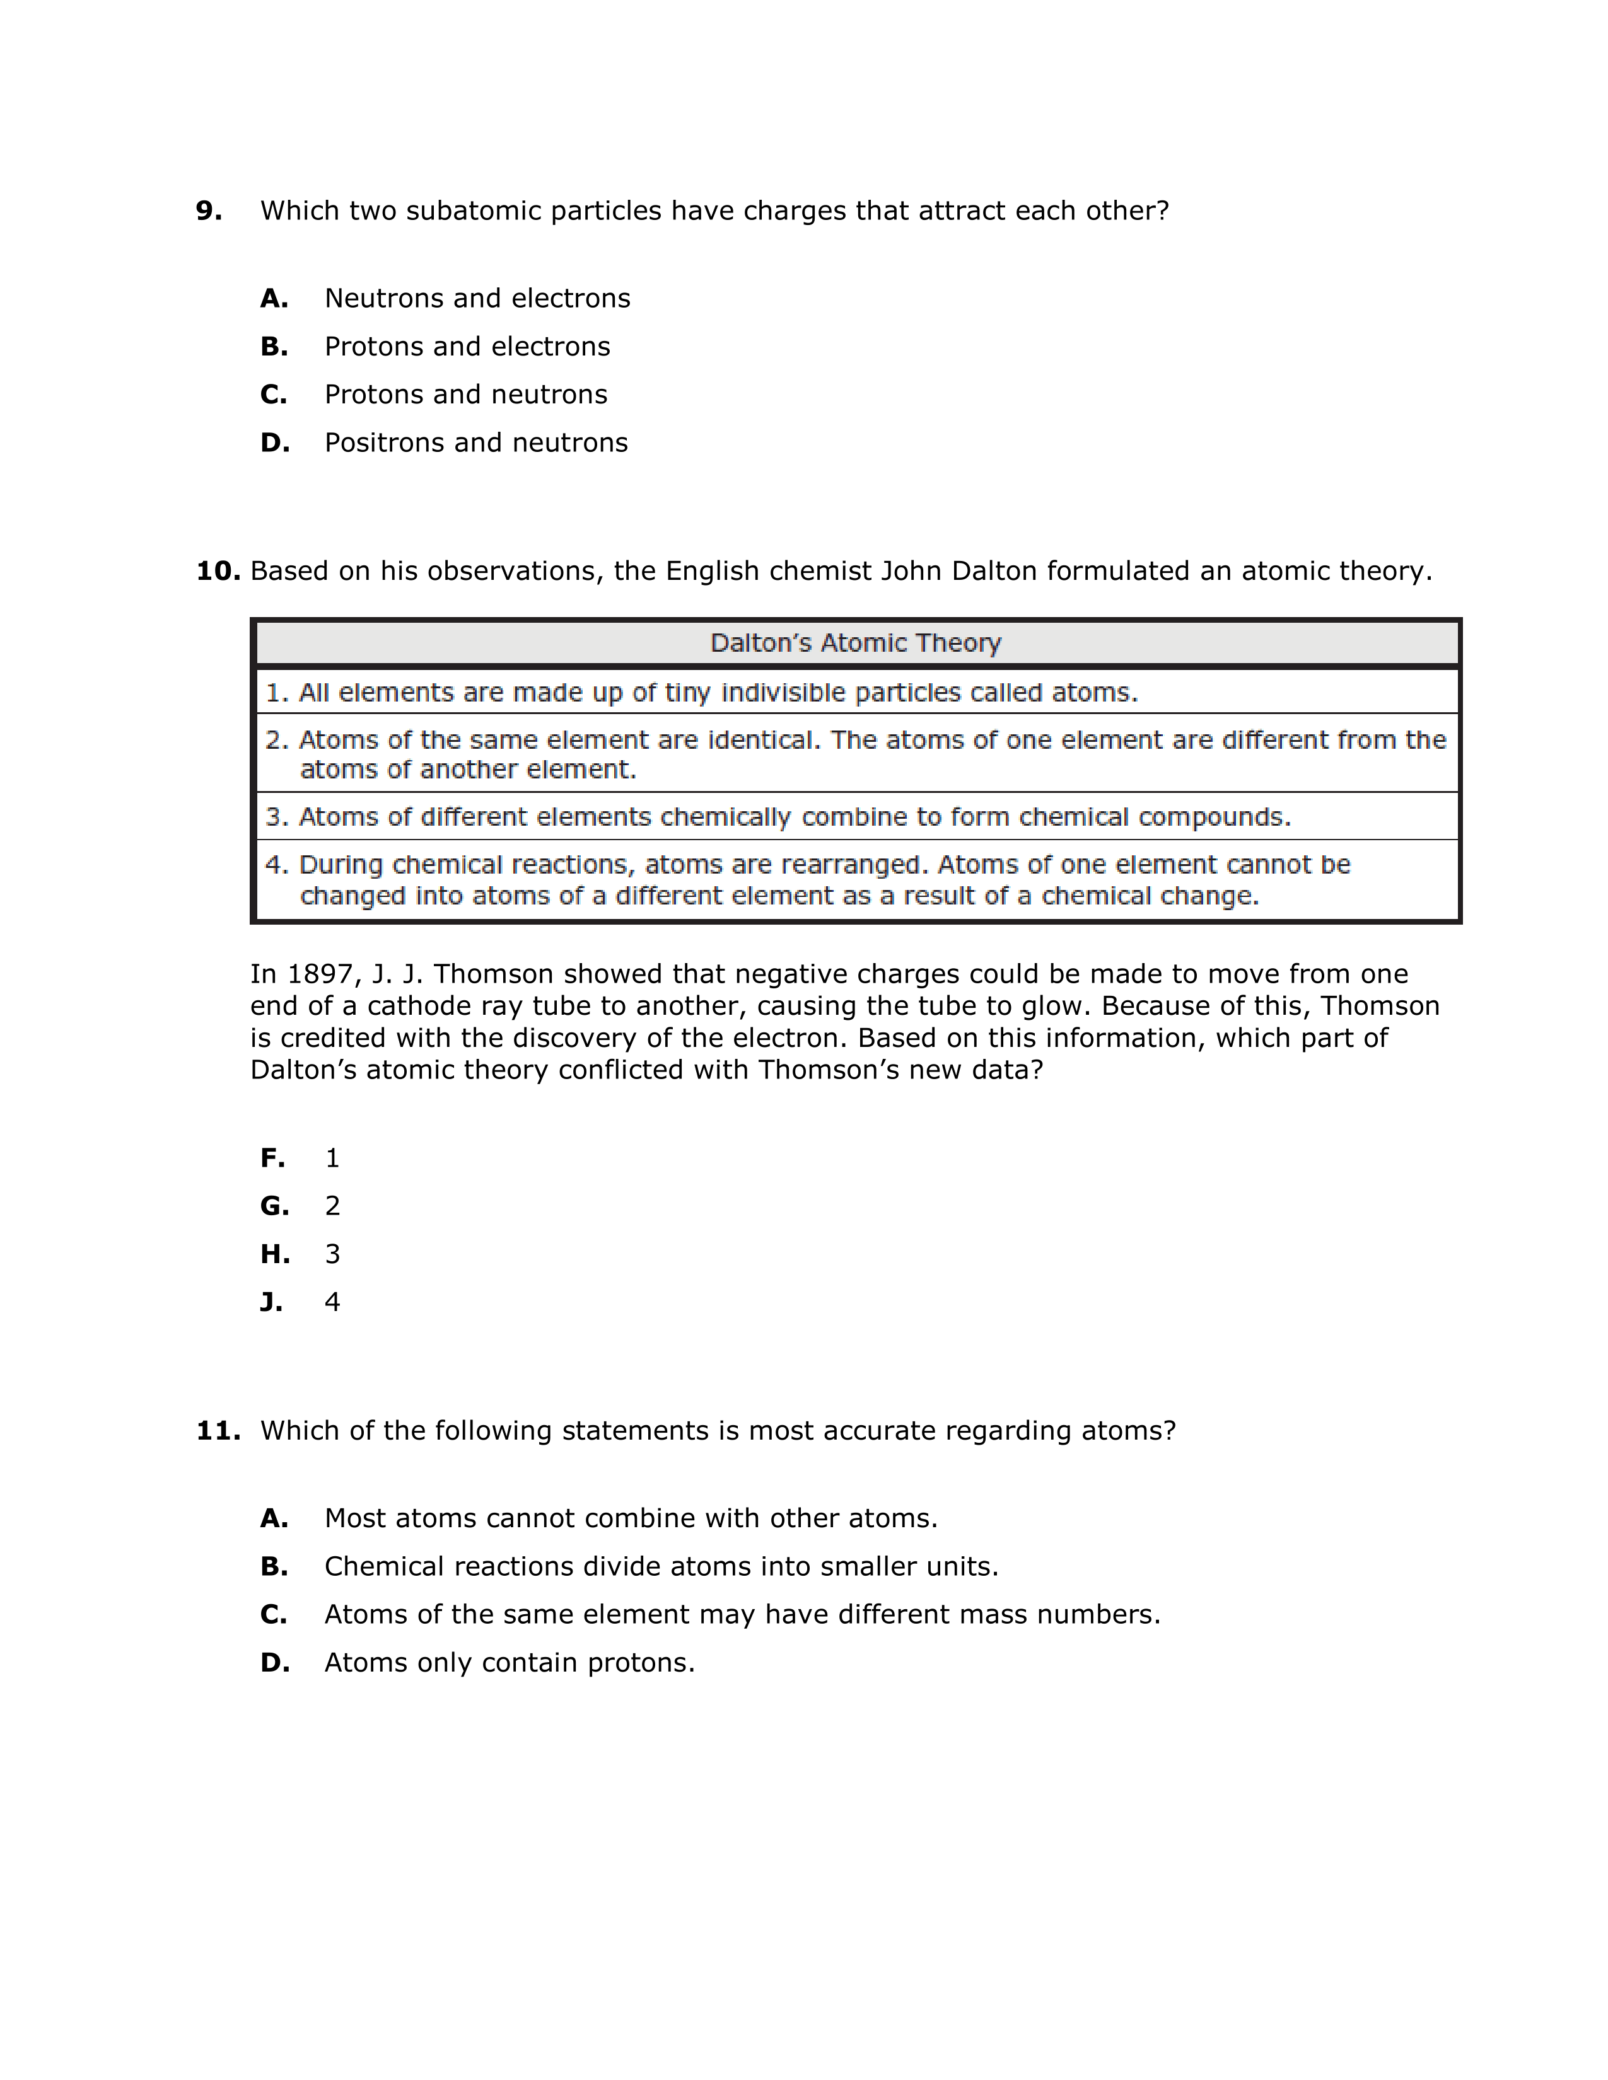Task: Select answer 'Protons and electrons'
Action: tap(467, 347)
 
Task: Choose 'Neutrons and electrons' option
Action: tap(477, 298)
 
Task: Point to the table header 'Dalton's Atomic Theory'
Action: tap(856, 643)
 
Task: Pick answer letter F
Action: tap(272, 1158)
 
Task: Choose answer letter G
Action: tap(274, 1206)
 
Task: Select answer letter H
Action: tap(274, 1254)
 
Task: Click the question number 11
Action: tap(218, 1431)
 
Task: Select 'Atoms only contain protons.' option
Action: tap(510, 1663)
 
